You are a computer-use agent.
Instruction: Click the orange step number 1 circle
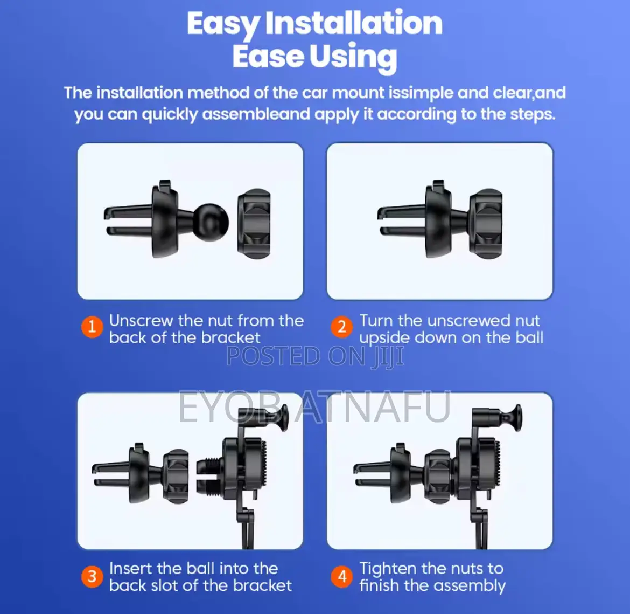pyautogui.click(x=92, y=326)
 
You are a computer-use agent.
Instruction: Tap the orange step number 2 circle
pyautogui.click(x=342, y=326)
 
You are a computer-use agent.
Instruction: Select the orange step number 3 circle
pyautogui.click(x=92, y=576)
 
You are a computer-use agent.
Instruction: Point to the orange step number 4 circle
pyautogui.click(x=342, y=576)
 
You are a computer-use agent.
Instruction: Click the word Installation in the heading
pyautogui.click(x=354, y=23)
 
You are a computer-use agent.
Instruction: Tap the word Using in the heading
pyautogui.click(x=353, y=57)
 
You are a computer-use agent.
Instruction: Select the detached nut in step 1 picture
pyautogui.click(x=254, y=224)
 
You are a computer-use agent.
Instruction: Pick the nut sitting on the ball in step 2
pyautogui.click(x=486, y=224)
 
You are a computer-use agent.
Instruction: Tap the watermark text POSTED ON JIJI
pyautogui.click(x=315, y=356)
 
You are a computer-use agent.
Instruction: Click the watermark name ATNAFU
pyautogui.click(x=373, y=407)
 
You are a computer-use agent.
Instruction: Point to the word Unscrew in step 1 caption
pyautogui.click(x=142, y=321)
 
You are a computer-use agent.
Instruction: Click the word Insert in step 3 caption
pyautogui.click(x=131, y=569)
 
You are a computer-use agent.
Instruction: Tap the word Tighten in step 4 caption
pyautogui.click(x=388, y=569)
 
